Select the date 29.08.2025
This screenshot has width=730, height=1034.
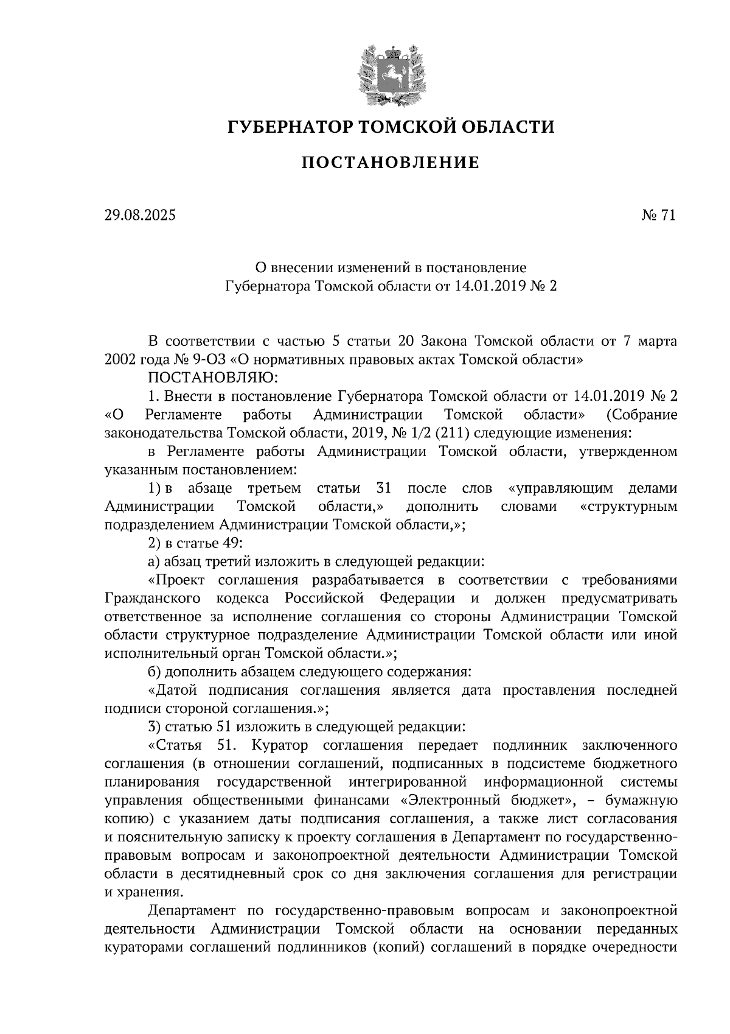(x=139, y=215)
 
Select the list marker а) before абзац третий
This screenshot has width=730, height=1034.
(x=154, y=561)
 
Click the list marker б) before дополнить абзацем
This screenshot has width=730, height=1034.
(x=154, y=672)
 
